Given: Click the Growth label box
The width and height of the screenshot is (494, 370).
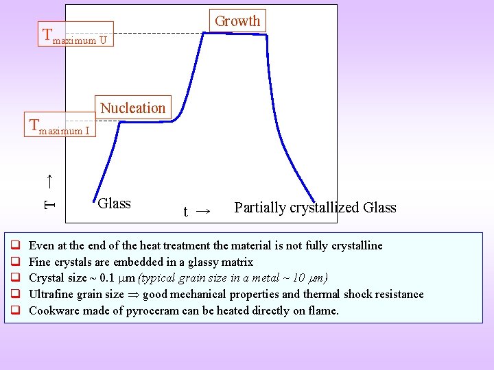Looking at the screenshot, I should (x=237, y=21).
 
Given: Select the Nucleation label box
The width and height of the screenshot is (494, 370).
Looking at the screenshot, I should (x=132, y=108).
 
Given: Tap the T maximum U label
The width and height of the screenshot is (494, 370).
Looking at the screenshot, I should (x=75, y=36).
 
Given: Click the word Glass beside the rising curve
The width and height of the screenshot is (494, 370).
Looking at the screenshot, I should (x=115, y=203).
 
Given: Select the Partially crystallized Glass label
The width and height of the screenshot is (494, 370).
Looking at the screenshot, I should (x=315, y=208).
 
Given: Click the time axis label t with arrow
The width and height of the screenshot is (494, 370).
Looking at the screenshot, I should (x=196, y=211).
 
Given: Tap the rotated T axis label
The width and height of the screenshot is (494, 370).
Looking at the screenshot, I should (x=49, y=192).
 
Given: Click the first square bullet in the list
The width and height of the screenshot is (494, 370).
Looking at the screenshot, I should (x=14, y=245).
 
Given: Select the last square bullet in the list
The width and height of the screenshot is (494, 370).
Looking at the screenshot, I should (x=14, y=310).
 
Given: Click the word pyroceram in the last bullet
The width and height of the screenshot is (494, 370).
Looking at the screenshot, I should (x=174, y=311).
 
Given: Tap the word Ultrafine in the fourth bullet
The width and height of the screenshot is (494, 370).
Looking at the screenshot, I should (x=52, y=295).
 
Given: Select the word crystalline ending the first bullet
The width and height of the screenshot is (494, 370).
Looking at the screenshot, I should (x=356, y=245).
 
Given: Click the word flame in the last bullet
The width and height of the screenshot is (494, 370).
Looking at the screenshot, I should (x=324, y=311).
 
